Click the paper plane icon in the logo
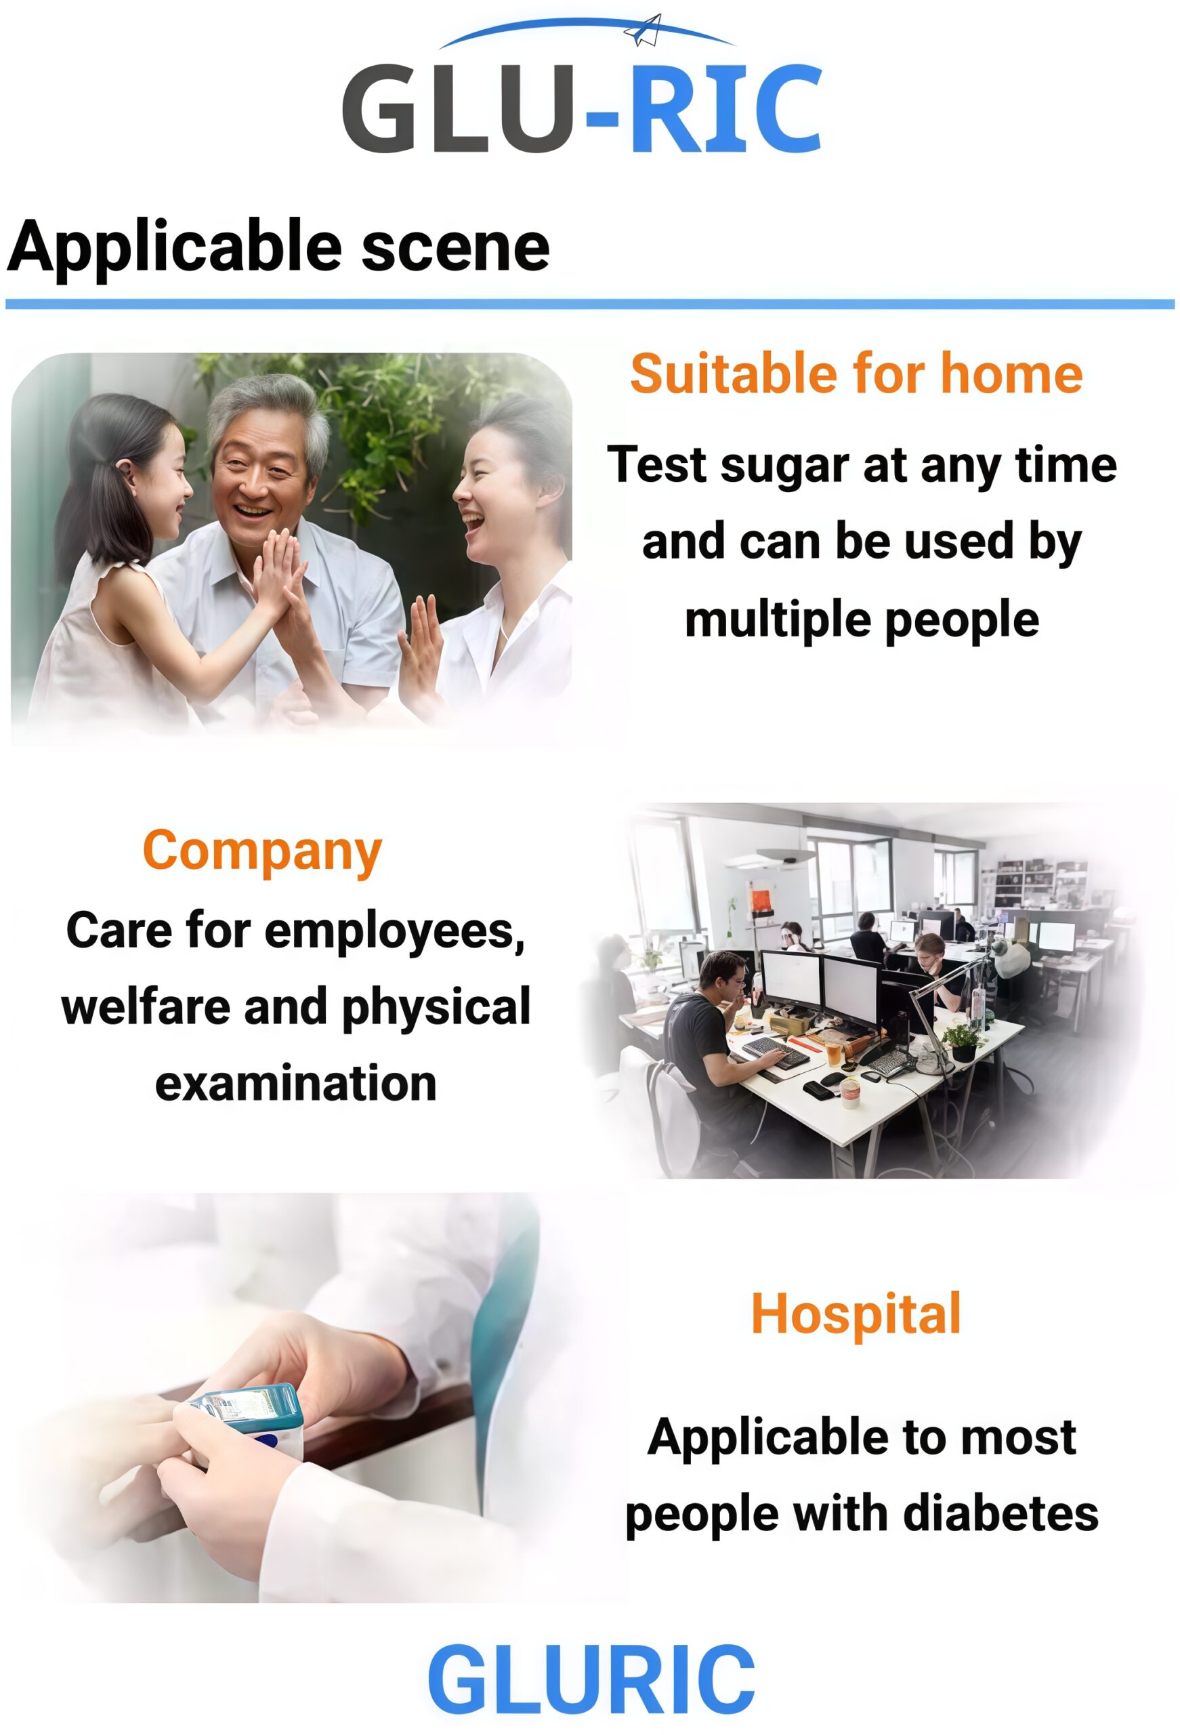[643, 30]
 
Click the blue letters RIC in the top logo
[725, 109]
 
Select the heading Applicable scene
[278, 247]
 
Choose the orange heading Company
[262, 853]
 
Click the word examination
[295, 1083]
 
